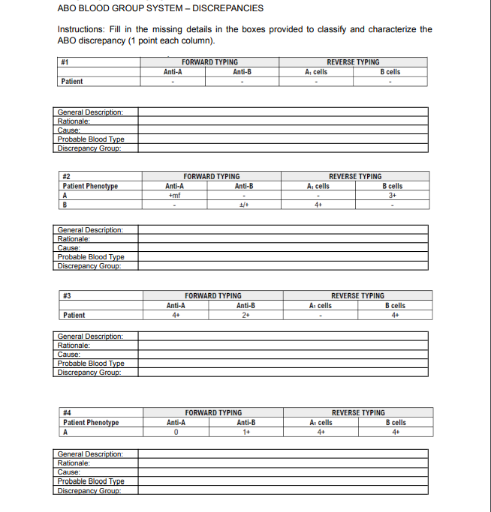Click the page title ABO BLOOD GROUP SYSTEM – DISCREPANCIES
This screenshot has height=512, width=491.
(160, 8)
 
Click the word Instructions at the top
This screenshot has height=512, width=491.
(80, 29)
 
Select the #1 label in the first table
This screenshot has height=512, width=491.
(65, 62)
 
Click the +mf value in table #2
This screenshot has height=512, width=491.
(173, 194)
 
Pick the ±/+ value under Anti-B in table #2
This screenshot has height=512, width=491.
(243, 203)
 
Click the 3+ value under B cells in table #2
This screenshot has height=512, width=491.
(392, 194)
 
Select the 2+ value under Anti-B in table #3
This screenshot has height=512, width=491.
(245, 315)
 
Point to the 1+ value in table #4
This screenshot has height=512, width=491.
(245, 432)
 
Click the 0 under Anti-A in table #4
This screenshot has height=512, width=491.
(175, 432)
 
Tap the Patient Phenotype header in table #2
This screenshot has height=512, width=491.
(90, 186)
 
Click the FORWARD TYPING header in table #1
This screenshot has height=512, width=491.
(209, 62)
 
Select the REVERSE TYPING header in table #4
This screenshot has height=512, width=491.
(358, 413)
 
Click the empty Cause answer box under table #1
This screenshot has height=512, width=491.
(282, 130)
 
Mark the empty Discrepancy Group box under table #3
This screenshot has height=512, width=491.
(282, 373)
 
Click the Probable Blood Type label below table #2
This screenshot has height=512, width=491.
(91, 256)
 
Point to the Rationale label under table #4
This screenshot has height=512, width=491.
(74, 463)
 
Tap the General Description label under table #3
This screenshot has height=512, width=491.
(90, 337)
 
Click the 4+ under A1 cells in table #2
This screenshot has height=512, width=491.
(319, 203)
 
